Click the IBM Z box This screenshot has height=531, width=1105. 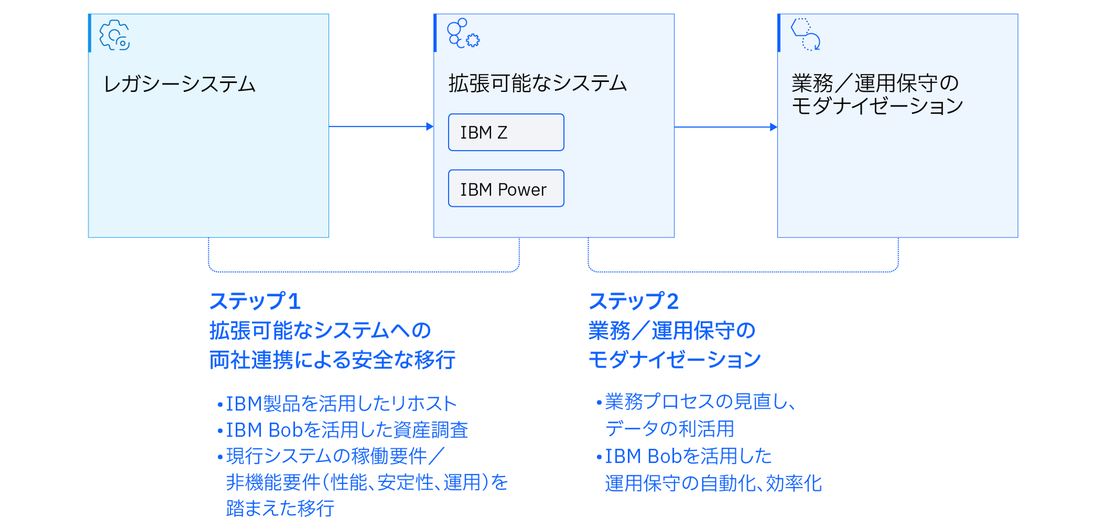506,132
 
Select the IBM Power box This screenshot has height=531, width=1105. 506,189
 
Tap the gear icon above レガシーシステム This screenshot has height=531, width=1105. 114,35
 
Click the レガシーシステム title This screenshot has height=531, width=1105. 180,84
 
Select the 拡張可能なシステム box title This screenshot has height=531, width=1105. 538,83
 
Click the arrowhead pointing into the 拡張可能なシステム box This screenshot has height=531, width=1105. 430,127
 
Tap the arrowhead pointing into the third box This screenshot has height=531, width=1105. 773,127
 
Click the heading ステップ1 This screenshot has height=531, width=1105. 255,301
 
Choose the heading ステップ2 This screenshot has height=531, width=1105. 633,301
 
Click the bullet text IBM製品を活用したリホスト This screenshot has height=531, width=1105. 341,404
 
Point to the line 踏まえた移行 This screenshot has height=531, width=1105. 280,509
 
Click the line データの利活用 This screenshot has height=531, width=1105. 670,429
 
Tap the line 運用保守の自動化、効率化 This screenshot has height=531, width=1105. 713,483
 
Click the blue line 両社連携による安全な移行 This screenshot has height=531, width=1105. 332,360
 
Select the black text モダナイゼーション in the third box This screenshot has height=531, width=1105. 877,106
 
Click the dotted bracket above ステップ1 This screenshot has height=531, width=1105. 364,271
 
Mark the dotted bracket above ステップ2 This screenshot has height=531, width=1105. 743,271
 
